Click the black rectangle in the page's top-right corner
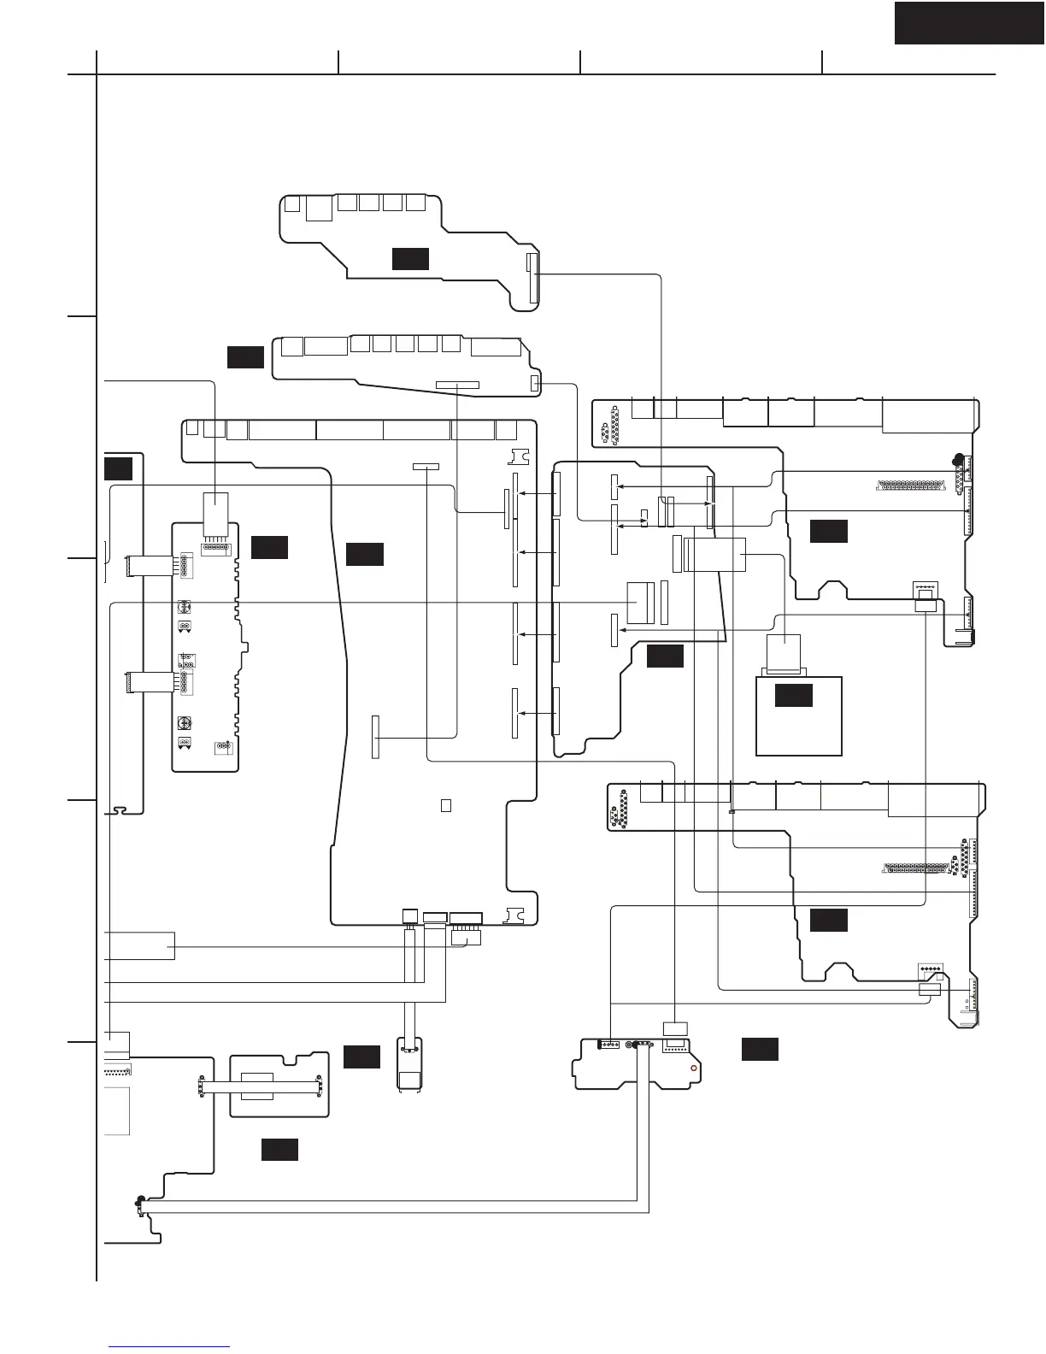click(x=969, y=22)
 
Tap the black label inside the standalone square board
click(x=793, y=695)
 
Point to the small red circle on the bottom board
click(x=693, y=1068)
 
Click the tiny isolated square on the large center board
click(x=445, y=805)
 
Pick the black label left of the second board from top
click(x=245, y=357)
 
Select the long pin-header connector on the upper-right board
click(x=911, y=486)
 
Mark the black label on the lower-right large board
click(x=828, y=920)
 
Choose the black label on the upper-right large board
click(x=828, y=531)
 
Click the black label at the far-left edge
click(x=118, y=468)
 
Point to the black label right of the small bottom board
click(x=759, y=1049)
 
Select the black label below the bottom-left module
click(x=279, y=1150)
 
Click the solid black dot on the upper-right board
click(x=959, y=459)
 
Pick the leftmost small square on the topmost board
click(x=292, y=204)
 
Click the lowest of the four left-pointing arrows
click(x=535, y=713)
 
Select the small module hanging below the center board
click(x=410, y=1063)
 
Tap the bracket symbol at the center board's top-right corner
click(x=519, y=456)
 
